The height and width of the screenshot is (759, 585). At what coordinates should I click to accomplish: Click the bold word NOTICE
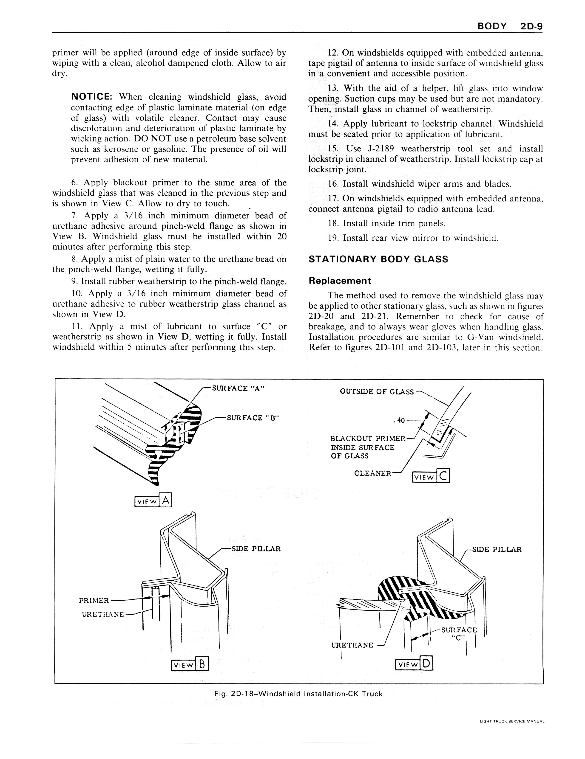91,97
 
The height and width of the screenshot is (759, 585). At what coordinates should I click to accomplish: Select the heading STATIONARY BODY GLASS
378,259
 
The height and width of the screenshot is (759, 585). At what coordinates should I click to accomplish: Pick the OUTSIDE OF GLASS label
377,392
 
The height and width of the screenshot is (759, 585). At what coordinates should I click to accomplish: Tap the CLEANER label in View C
372,473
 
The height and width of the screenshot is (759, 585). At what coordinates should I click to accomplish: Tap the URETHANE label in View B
103,614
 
